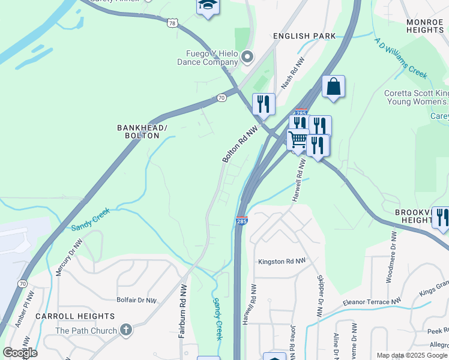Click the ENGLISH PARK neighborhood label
pyautogui.click(x=304, y=36)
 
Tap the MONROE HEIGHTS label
pyautogui.click(x=424, y=26)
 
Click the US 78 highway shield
pyautogui.click(x=172, y=23)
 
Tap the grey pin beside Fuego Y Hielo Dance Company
pyautogui.click(x=247, y=58)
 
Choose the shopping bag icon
pyautogui.click(x=333, y=86)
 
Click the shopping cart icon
pyautogui.click(x=298, y=140)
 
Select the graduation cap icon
pyautogui.click(x=208, y=6)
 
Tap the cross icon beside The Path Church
pyautogui.click(x=125, y=329)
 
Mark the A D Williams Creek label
pyautogui.click(x=400, y=58)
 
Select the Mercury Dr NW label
pyautogui.click(x=68, y=259)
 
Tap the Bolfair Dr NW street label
pyautogui.click(x=136, y=299)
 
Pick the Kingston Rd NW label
pyautogui.click(x=282, y=262)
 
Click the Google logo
pyautogui.click(x=20, y=353)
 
